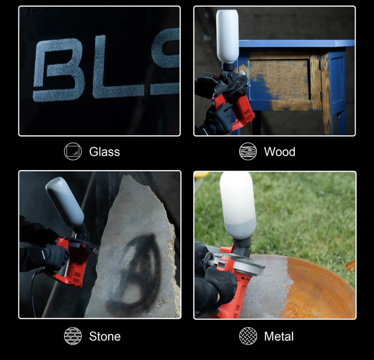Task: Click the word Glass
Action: [104, 152]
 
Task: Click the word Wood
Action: [280, 152]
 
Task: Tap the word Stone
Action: [105, 336]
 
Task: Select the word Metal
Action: [278, 336]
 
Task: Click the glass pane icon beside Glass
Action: [73, 151]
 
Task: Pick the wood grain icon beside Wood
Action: [248, 151]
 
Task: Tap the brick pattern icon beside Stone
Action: [73, 336]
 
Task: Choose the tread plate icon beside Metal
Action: [248, 336]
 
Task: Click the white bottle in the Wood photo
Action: [227, 36]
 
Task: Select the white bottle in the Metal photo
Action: [238, 205]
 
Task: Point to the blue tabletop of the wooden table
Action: [296, 43]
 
